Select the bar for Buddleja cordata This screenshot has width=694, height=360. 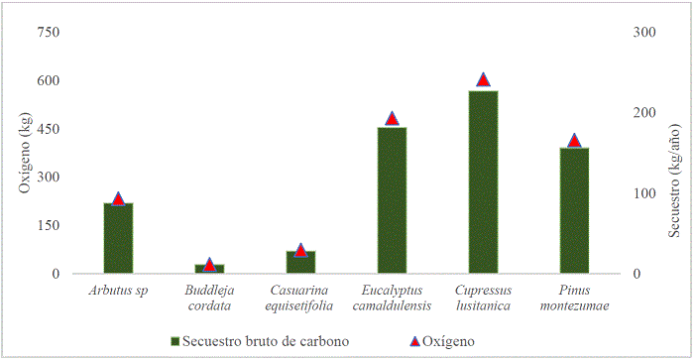(x=209, y=269)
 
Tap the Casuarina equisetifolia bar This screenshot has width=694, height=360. (x=300, y=262)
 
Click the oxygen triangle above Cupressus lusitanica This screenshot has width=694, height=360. (x=483, y=79)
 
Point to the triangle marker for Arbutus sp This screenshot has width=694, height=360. (x=118, y=198)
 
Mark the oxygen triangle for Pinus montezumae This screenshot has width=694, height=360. (x=574, y=141)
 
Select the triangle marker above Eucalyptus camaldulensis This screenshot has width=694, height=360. (x=392, y=118)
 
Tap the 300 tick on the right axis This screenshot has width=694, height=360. (x=644, y=33)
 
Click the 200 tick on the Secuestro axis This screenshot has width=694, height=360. (x=644, y=113)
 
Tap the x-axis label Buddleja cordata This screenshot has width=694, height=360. (x=209, y=298)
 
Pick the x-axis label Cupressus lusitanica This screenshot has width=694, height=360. (x=483, y=298)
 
